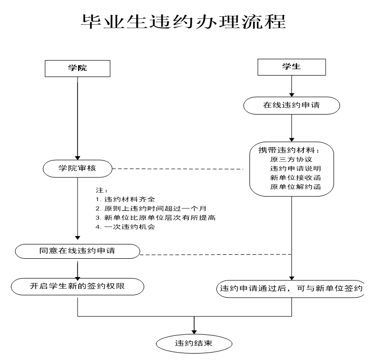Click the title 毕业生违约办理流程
click(185, 21)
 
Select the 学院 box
click(77, 68)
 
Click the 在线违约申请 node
click(291, 105)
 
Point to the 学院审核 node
click(78, 168)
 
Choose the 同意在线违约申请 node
click(78, 251)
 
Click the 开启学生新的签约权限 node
click(78, 285)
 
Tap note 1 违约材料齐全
click(126, 200)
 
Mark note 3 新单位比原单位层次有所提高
click(156, 218)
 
